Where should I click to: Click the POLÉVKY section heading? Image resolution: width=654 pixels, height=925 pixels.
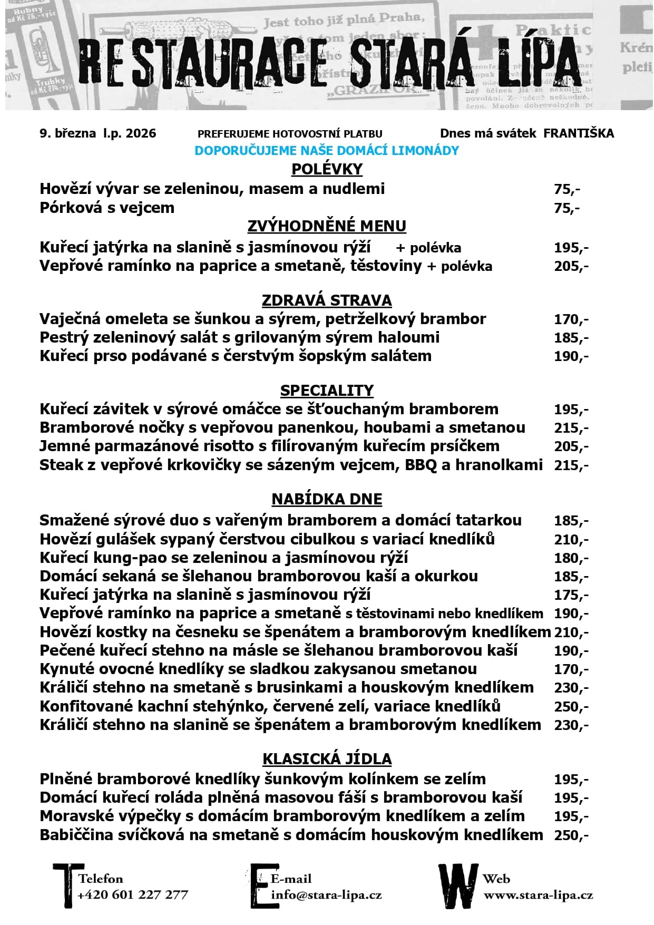tap(327, 169)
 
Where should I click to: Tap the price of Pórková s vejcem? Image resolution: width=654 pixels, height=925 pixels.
tap(567, 208)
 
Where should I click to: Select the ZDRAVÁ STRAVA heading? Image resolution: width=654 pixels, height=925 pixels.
tap(327, 300)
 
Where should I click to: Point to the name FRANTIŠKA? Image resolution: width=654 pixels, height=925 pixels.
tap(579, 133)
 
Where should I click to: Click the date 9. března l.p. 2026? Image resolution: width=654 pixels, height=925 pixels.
tap(98, 133)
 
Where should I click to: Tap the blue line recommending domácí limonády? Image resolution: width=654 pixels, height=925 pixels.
tap(327, 151)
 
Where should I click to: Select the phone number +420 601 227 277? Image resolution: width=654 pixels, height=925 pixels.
tap(133, 894)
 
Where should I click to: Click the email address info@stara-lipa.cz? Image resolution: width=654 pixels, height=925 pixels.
tap(326, 894)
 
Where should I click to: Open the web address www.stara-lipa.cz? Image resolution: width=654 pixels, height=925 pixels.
tap(538, 894)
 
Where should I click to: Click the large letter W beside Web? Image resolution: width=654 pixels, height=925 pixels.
tap(458, 885)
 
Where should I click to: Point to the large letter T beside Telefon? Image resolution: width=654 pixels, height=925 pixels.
tap(66, 885)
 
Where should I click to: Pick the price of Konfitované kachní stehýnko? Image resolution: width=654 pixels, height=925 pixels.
tap(571, 707)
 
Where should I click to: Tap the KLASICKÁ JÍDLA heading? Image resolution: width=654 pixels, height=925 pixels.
tap(327, 759)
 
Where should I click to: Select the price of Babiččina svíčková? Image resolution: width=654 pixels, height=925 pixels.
tap(571, 835)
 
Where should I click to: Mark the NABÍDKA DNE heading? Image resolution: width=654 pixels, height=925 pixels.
tap(327, 499)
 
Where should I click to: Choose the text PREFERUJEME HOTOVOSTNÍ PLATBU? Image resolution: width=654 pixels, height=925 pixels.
tap(290, 134)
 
